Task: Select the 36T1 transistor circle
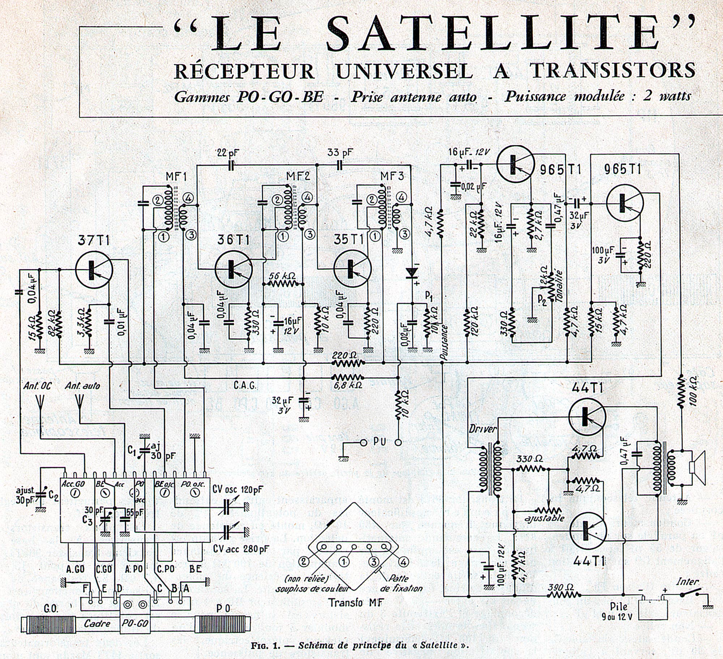click(234, 268)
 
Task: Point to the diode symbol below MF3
click(411, 273)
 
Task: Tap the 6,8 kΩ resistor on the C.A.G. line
click(347, 378)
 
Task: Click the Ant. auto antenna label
click(82, 386)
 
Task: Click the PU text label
click(380, 441)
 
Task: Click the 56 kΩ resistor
click(282, 284)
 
